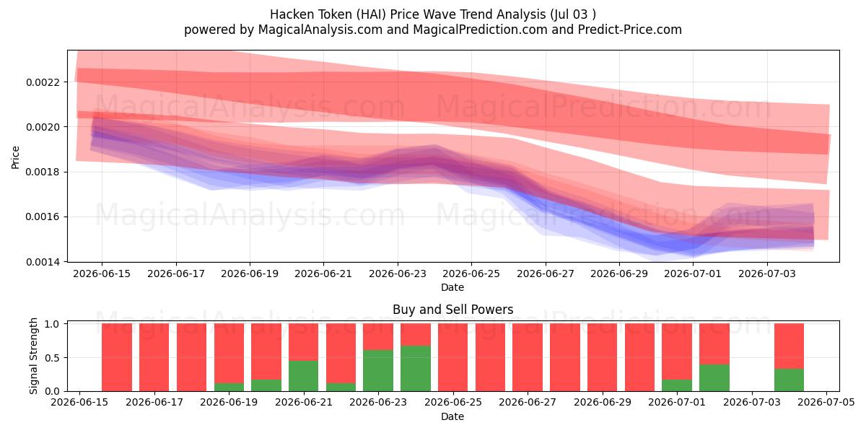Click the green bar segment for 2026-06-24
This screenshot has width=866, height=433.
pos(416,369)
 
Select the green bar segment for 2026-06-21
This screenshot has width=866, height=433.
pos(304,376)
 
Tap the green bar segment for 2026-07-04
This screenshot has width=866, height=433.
pos(789,380)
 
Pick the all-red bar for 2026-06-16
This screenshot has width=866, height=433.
pos(117,358)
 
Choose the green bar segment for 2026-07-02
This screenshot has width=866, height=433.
pos(714,377)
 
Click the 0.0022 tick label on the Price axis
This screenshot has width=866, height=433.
pos(43,82)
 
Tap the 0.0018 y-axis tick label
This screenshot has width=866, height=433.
pos(43,172)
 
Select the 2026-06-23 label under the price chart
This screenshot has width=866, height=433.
pos(398,274)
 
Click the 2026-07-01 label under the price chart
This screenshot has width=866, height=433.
pos(693,274)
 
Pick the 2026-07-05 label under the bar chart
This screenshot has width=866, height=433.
pos(826,403)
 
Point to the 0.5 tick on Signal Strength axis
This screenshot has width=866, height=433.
pos(53,358)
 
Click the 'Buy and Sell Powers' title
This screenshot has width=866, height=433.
pos(452,310)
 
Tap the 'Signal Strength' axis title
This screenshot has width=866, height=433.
pos(34,356)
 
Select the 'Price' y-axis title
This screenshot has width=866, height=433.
pos(15,158)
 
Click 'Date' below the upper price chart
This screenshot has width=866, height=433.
pos(452,288)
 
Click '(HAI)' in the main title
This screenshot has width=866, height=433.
pos(371,14)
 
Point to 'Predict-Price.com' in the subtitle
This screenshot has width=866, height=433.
pos(630,30)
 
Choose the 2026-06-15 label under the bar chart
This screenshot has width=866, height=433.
pos(79,403)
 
